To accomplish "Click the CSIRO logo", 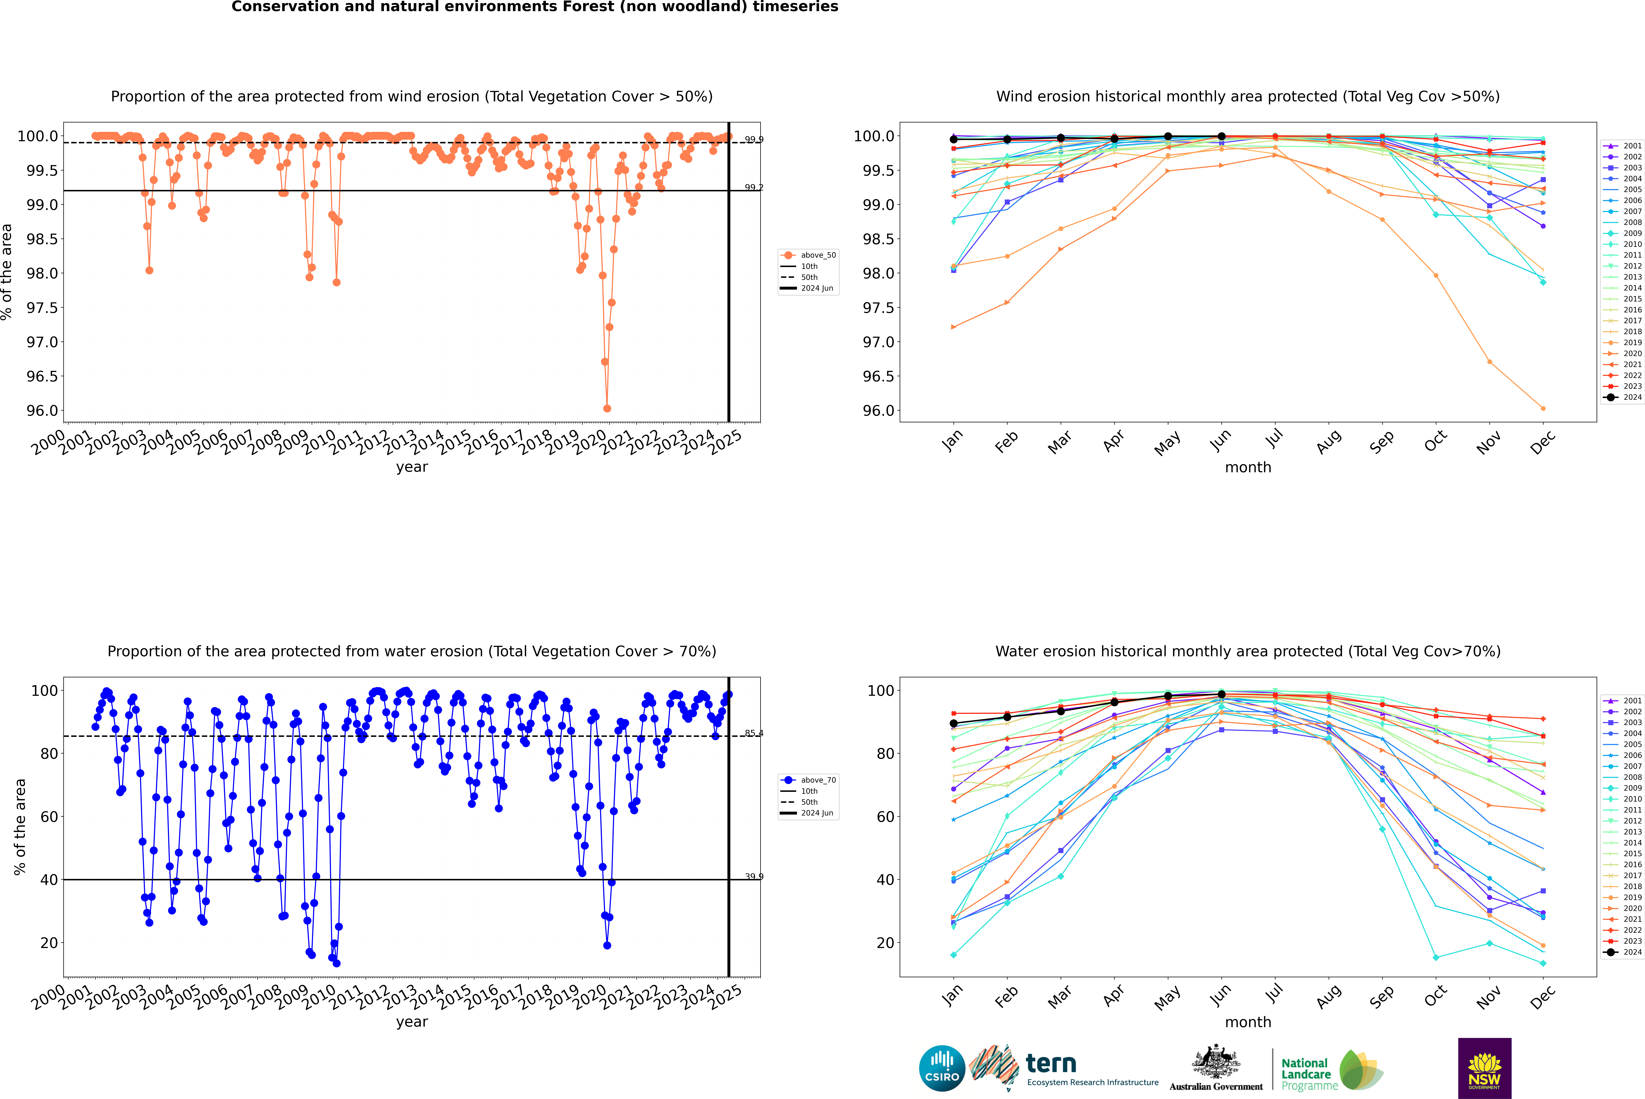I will [942, 1068].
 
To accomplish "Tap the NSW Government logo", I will [1484, 1068].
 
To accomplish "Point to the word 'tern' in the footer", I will [1050, 1063].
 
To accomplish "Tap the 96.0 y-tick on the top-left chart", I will [42, 411].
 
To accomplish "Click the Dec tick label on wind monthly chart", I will [1543, 443].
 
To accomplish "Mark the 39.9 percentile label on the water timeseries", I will [754, 877].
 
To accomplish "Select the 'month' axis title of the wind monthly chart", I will [1247, 468].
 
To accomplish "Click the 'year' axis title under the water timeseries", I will [412, 1022].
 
